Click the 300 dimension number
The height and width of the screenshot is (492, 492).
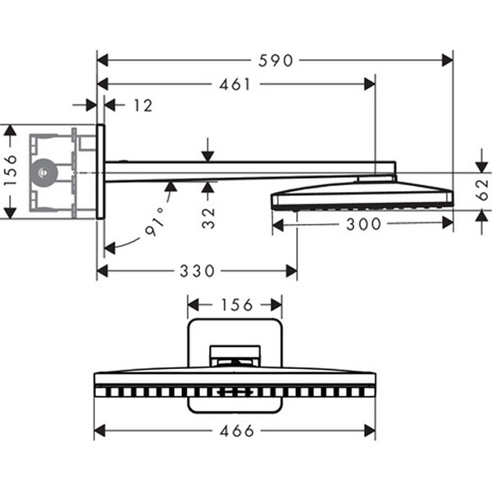[x=364, y=224]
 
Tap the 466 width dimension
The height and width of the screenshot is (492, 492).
[x=236, y=430]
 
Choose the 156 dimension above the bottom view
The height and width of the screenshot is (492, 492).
[x=235, y=305]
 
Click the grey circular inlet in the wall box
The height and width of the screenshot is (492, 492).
[x=43, y=172]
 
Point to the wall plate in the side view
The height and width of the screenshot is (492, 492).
[x=100, y=171]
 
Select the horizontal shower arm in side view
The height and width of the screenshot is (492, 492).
[x=238, y=171]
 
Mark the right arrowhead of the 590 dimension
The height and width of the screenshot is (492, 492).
[x=447, y=60]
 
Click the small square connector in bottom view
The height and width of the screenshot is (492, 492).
[x=235, y=356]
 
